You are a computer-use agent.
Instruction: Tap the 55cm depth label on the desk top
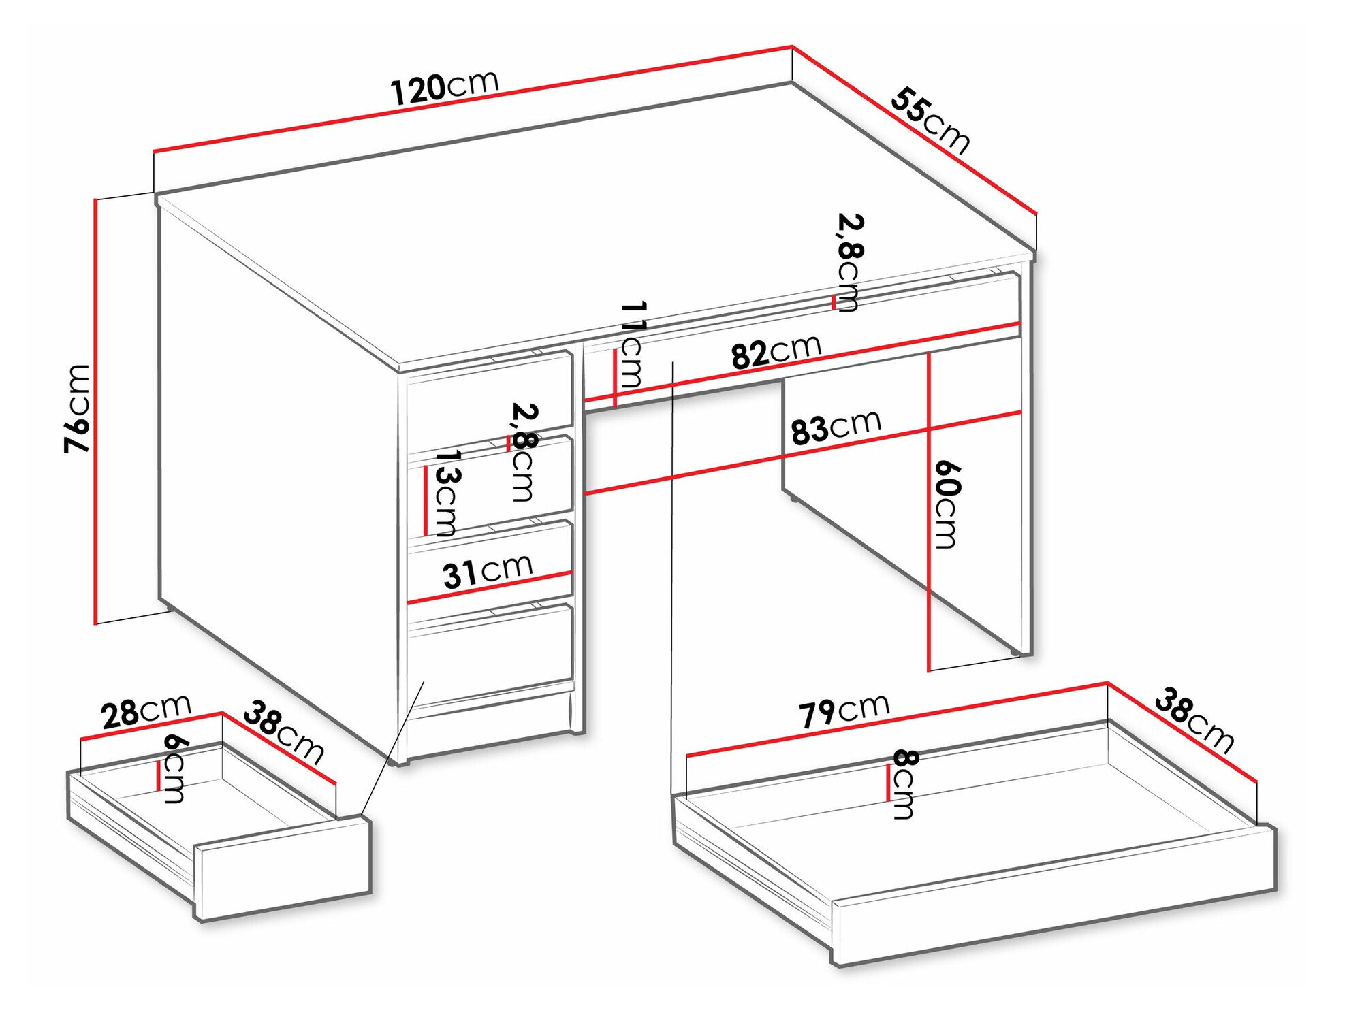point(930,120)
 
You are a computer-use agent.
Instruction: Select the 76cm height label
point(77,408)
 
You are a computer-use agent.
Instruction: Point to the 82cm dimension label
point(776,351)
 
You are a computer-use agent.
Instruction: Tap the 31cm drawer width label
point(488,570)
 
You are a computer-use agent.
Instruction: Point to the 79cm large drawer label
point(844,711)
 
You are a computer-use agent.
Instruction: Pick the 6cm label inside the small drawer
point(174,768)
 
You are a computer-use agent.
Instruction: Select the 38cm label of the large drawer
point(1194,721)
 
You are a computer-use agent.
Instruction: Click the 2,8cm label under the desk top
point(850,262)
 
